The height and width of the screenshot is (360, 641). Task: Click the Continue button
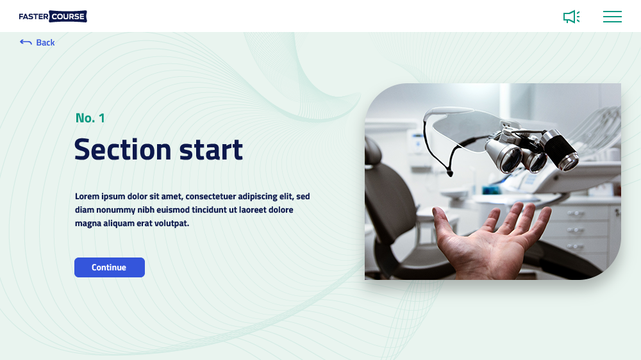110,267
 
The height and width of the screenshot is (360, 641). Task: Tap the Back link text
46,42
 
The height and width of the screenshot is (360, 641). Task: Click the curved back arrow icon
26,42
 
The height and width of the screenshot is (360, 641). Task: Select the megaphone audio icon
572,17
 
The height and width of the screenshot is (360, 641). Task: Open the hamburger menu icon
612,17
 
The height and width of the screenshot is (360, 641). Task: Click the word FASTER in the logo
33,17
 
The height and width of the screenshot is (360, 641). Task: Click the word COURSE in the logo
69,17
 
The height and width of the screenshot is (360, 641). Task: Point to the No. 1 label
90,118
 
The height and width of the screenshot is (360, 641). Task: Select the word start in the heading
211,150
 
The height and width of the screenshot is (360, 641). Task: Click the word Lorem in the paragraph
87,196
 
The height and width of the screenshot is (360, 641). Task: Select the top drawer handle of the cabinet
575,213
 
